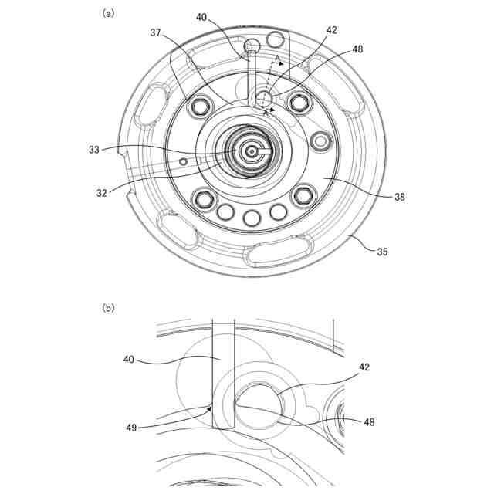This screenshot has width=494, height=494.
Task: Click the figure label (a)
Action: pos(108,13)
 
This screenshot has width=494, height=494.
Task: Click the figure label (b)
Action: pos(108,306)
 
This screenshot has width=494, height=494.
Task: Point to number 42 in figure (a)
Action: pos(332,31)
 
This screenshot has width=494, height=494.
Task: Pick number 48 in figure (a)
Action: pos(357,48)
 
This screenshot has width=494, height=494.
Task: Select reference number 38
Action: pos(399,197)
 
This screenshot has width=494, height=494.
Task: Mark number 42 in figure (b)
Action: pos(364,367)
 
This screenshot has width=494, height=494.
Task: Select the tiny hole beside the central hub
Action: pos(184,161)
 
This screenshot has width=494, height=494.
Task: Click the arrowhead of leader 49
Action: pos(210,408)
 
